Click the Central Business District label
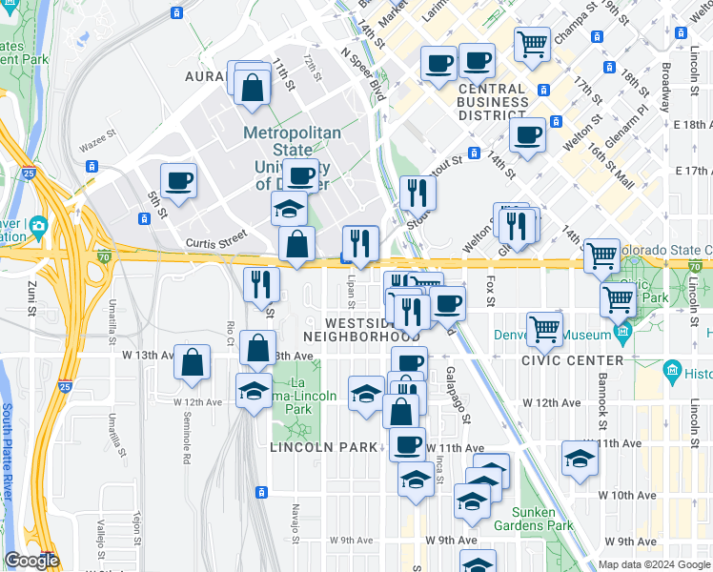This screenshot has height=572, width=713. [x=492, y=102]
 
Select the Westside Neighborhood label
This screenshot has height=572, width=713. [x=362, y=329]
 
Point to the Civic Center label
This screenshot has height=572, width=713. [x=573, y=360]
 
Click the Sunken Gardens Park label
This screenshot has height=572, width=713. [x=534, y=519]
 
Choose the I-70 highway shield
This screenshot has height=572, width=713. [x=104, y=255]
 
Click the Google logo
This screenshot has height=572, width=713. [x=31, y=561]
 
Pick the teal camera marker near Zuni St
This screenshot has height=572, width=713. [x=38, y=226]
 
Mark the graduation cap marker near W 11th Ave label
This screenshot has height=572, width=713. [x=580, y=459]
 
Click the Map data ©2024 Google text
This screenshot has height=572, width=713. [x=654, y=564]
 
